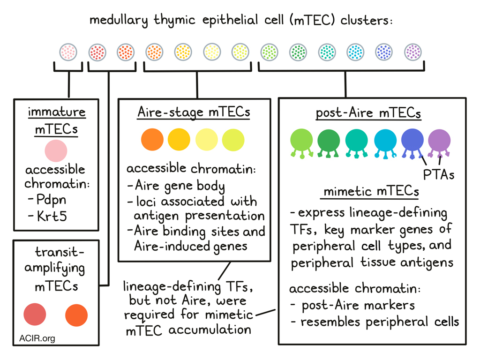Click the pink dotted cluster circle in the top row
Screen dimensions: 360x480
click(x=68, y=52)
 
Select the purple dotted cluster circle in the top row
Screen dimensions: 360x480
click(x=413, y=52)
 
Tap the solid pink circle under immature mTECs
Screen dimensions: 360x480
click(x=56, y=151)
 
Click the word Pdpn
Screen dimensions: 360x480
click(x=52, y=199)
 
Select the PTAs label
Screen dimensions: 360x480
click(x=439, y=175)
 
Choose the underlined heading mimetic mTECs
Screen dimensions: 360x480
click(x=371, y=192)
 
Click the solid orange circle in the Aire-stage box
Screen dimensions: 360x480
click(x=152, y=139)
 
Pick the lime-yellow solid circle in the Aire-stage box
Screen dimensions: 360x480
click(x=233, y=139)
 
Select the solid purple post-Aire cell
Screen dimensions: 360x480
click(x=439, y=141)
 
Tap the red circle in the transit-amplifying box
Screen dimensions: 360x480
click(x=35, y=314)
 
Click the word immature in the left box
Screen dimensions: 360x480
click(x=57, y=112)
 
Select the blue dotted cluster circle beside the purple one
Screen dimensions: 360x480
click(x=384, y=52)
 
